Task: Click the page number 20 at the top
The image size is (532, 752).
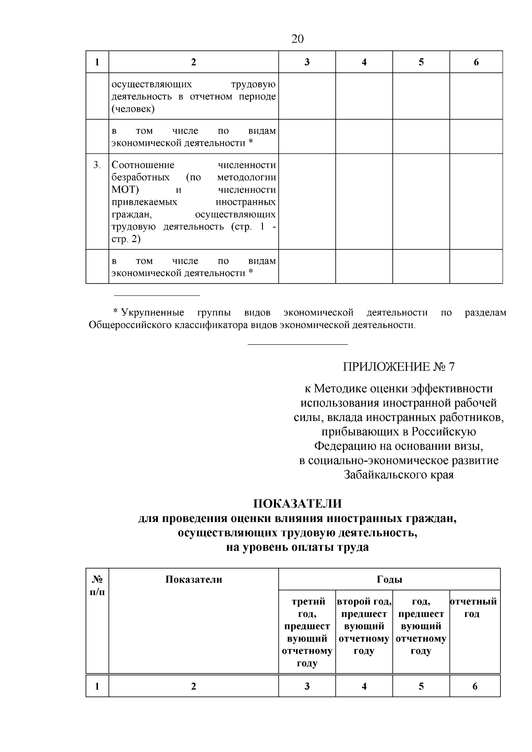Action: [297, 39]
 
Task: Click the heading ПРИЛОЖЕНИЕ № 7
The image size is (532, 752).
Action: [399, 367]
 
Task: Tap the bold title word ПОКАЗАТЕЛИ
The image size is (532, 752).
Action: [297, 504]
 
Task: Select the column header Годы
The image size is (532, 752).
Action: [389, 579]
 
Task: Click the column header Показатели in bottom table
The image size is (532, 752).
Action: [194, 579]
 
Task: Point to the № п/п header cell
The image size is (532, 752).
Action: [97, 585]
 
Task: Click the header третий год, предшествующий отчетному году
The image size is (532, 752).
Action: [307, 632]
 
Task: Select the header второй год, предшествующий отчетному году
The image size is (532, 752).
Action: [364, 626]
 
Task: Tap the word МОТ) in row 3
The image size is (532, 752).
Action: [125, 190]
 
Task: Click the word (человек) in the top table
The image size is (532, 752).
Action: [133, 109]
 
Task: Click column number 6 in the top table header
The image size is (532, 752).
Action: [476, 62]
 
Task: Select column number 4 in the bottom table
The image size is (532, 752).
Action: [364, 686]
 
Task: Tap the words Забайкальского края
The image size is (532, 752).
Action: [399, 475]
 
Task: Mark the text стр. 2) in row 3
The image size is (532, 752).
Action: [126, 239]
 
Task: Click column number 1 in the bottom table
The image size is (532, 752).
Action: [97, 686]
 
